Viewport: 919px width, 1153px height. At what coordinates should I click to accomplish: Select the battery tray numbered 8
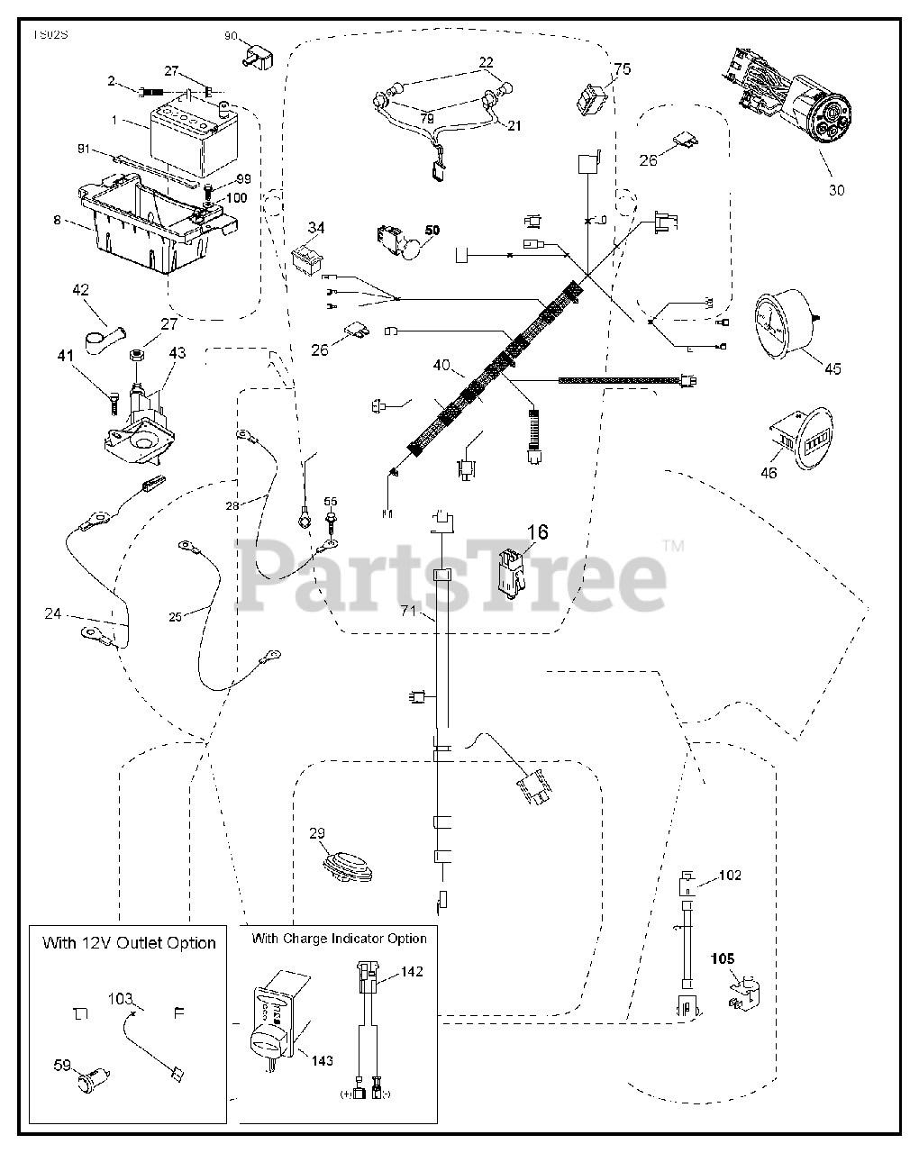pyautogui.click(x=149, y=225)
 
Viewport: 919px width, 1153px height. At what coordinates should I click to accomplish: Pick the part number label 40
pyautogui.click(x=441, y=367)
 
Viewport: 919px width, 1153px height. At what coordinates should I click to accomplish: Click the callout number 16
pyautogui.click(x=537, y=532)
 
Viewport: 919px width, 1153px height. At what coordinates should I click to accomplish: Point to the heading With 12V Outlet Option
pyautogui.click(x=129, y=943)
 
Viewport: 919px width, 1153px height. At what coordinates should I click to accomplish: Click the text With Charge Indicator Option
pyautogui.click(x=340, y=939)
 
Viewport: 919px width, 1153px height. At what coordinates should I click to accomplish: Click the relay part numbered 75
pyautogui.click(x=592, y=97)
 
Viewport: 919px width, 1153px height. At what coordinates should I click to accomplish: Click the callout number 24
pyautogui.click(x=53, y=614)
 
